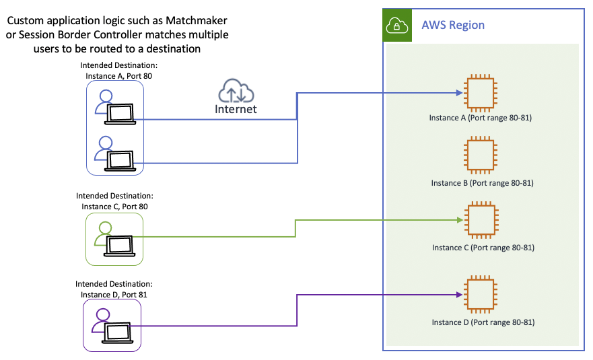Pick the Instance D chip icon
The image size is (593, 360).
pyautogui.click(x=481, y=295)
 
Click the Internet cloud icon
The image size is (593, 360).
pyautogui.click(x=236, y=92)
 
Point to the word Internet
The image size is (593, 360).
pyautogui.click(x=236, y=109)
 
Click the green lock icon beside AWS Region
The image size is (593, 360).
pyautogui.click(x=396, y=26)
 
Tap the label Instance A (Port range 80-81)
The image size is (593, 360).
pyautogui.click(x=482, y=118)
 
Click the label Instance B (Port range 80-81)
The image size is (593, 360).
pyautogui.click(x=483, y=183)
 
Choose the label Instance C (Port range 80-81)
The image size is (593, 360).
pyautogui.click(x=483, y=248)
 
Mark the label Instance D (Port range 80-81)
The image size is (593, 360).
pyautogui.click(x=483, y=322)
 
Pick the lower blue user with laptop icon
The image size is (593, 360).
pyautogui.click(x=115, y=153)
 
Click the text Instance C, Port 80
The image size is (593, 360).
pyautogui.click(x=114, y=207)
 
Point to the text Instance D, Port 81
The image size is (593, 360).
pyautogui.click(x=114, y=294)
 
